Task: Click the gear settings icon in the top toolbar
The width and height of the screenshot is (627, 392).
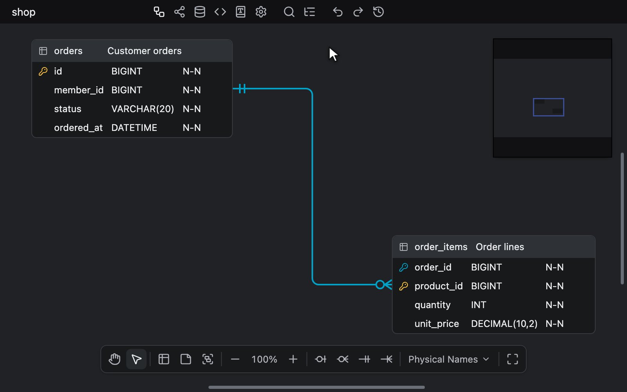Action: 261,12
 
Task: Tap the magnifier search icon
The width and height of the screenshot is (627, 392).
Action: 289,12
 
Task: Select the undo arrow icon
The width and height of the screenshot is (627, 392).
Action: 337,12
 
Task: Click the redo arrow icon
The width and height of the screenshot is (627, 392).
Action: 358,12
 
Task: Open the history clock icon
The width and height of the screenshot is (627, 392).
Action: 379,12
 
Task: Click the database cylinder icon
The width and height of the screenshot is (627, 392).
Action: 200,12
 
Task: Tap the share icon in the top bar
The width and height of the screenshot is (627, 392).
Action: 179,12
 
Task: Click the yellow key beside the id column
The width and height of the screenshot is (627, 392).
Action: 43,71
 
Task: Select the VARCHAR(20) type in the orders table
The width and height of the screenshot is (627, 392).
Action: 143,109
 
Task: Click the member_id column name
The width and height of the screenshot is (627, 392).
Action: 79,90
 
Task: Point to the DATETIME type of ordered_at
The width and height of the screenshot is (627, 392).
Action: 134,128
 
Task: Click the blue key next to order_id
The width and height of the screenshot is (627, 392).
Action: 403,267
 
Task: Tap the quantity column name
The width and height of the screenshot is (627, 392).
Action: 433,305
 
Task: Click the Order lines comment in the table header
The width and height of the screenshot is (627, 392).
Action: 500,247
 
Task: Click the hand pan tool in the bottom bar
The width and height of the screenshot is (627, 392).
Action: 114,359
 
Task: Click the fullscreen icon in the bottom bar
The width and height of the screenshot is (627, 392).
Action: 513,359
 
